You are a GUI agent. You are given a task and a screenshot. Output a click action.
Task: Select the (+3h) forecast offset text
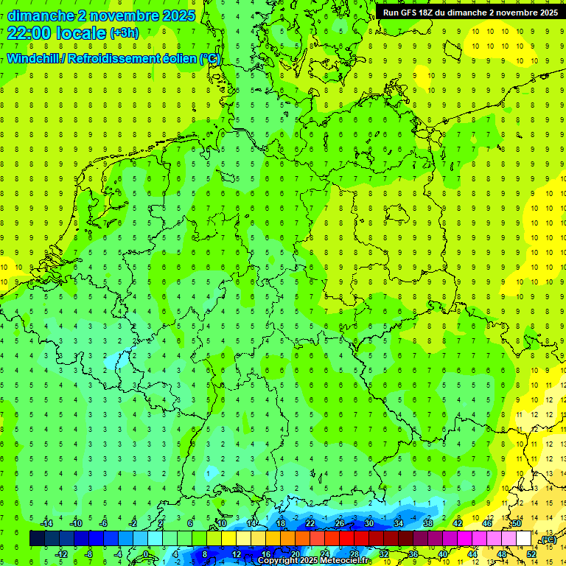coord(124,33)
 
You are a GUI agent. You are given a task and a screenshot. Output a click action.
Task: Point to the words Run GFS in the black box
coord(402,12)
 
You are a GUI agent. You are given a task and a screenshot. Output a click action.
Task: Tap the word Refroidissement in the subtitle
coord(110,58)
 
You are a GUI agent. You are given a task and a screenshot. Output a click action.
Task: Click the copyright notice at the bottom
coord(313,561)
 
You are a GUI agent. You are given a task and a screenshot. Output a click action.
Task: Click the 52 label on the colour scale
coord(531,553)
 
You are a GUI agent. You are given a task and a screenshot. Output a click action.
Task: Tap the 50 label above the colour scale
coord(516,523)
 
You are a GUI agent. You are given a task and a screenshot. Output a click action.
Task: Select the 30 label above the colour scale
coord(368,523)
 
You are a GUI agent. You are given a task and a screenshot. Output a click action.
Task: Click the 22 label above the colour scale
coord(310,523)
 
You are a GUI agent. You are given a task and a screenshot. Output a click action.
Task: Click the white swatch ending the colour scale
coord(523,539)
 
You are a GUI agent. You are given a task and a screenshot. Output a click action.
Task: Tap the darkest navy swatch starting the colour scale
coord(37,539)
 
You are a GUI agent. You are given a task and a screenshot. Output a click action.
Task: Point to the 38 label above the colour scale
coord(427,523)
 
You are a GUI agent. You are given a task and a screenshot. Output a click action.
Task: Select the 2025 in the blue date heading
coord(178,15)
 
